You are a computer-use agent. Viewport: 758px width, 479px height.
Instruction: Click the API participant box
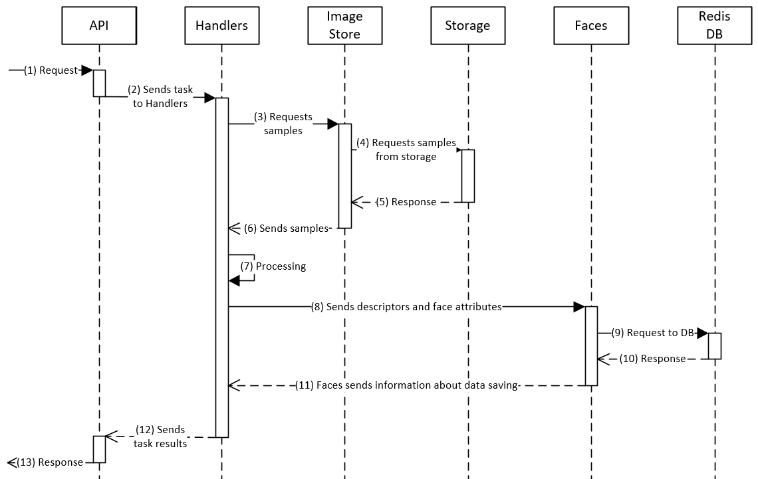tap(99, 26)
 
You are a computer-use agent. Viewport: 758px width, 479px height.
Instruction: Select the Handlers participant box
tap(221, 26)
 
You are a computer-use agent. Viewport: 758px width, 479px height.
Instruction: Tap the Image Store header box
tap(344, 26)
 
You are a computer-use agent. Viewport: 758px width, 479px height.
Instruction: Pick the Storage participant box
tap(467, 26)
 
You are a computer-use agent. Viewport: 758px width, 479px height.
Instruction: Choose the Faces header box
tap(590, 26)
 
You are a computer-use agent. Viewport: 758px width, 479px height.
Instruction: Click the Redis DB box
tap(715, 26)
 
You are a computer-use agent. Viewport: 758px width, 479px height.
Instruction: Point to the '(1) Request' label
tap(51, 70)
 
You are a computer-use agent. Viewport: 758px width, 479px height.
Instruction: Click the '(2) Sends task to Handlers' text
tap(160, 96)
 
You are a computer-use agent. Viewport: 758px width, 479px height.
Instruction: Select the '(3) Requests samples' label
tap(283, 124)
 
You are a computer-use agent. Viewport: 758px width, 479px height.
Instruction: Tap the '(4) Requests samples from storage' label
tap(406, 149)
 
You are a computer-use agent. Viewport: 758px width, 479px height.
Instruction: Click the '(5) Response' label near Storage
tap(406, 202)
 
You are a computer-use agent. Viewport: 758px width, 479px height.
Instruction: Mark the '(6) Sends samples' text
tap(287, 228)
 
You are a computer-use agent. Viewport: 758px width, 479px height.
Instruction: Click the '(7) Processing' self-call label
tap(273, 266)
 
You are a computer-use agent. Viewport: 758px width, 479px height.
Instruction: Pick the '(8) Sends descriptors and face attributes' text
tap(406, 307)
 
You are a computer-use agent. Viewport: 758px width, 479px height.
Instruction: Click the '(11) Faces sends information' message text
tap(406, 385)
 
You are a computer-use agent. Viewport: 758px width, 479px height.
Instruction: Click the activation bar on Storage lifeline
tap(468, 175)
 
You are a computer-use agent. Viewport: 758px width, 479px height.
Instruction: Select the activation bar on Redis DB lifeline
tap(715, 345)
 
